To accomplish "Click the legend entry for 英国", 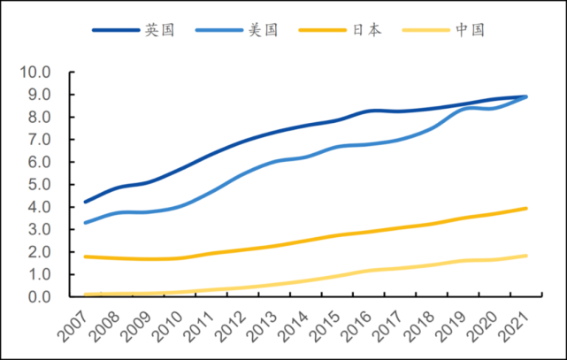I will tap(160, 30).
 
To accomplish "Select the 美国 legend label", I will tap(264, 30).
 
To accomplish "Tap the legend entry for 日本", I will tap(367, 30).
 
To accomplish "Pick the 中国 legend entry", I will tap(470, 30).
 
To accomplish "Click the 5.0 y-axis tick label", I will tap(41, 184).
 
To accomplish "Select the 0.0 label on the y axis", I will tap(41, 296).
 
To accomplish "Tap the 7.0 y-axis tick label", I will tap(41, 139).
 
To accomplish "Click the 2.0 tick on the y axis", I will tap(41, 251).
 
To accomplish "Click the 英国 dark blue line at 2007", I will tap(85, 202).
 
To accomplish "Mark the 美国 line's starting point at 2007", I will tap(85, 222).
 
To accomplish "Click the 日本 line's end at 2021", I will tap(527, 209).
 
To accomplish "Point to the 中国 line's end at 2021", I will tap(527, 256).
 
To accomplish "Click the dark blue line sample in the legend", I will tap(116, 30).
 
